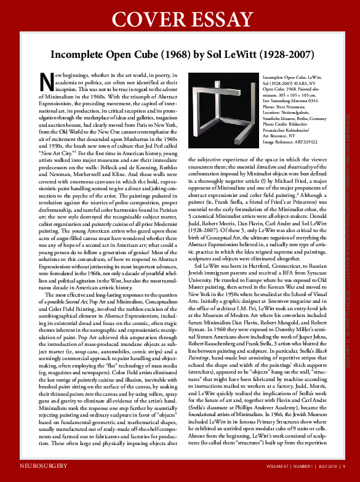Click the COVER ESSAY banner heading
tap(180, 17)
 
